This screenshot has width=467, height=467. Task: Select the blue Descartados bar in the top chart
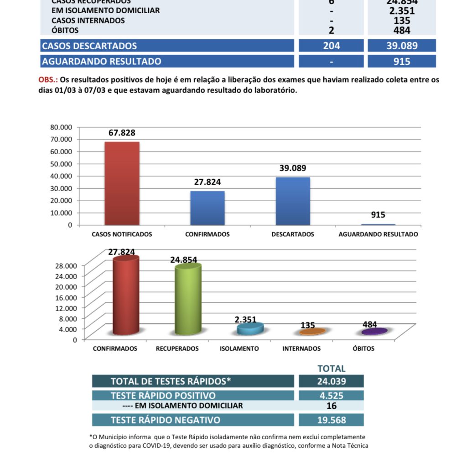point(293,201)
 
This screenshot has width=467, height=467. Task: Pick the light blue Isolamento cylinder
point(250,328)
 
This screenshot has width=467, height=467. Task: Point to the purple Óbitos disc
point(374,332)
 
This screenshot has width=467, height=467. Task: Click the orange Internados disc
point(312,332)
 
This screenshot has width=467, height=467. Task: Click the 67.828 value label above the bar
point(122,133)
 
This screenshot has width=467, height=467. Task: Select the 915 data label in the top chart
point(378,215)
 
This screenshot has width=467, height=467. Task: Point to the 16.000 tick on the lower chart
point(67,297)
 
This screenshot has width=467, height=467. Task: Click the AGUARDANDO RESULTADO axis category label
point(378,234)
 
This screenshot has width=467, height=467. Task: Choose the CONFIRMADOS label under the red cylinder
point(115,349)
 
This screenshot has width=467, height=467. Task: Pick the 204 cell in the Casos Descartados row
point(331,46)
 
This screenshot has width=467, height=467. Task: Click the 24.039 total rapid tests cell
point(331,381)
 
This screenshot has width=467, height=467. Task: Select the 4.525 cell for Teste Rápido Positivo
point(331,396)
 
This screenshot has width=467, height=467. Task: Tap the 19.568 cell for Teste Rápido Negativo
point(331,420)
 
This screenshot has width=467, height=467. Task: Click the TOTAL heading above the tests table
point(331,368)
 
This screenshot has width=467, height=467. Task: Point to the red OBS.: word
point(47,80)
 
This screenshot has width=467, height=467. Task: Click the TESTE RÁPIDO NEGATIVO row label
point(165,420)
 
